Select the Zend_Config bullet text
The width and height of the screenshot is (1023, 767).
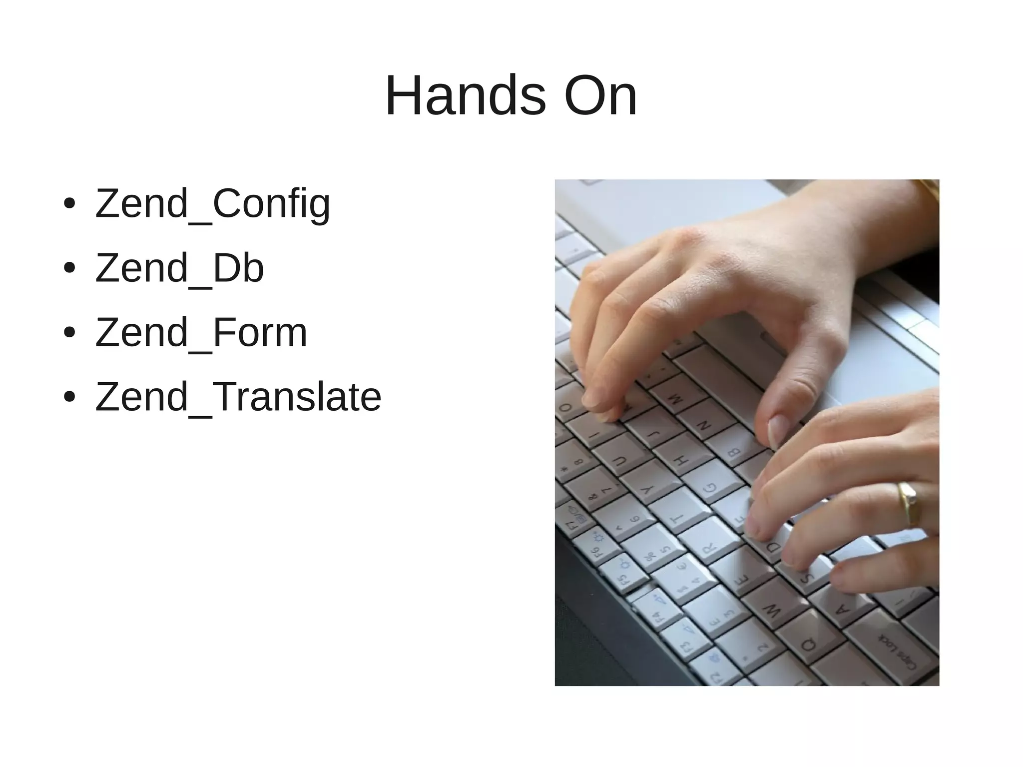212,204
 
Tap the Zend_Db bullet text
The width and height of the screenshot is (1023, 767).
179,268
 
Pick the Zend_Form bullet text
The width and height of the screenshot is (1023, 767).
201,333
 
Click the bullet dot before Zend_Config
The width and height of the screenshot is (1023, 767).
69,204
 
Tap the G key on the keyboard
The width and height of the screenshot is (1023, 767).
709,487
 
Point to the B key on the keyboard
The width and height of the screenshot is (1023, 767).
734,452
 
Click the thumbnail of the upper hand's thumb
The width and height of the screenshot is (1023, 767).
777,430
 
